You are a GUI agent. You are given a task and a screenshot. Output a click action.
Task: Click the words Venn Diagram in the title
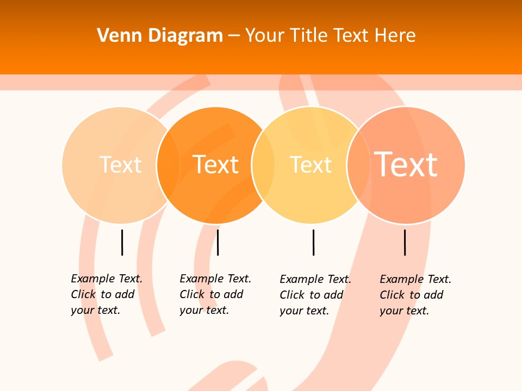pyautogui.click(x=160, y=36)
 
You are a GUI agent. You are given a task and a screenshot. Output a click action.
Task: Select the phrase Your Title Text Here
pyautogui.click(x=330, y=36)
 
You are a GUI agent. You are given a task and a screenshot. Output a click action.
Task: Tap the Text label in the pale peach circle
pyautogui.click(x=120, y=165)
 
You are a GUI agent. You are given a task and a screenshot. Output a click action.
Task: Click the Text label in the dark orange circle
pyautogui.click(x=215, y=165)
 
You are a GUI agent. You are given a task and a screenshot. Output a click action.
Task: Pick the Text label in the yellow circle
pyautogui.click(x=310, y=165)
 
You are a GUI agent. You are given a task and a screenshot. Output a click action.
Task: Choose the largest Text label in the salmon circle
pyautogui.click(x=406, y=164)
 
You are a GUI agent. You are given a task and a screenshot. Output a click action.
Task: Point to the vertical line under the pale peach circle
pyautogui.click(x=122, y=242)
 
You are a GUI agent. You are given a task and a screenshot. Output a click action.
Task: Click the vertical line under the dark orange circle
pyautogui.click(x=217, y=242)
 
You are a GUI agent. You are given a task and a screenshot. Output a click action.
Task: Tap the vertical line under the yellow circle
pyautogui.click(x=313, y=242)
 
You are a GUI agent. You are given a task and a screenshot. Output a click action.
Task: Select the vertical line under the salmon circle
pyautogui.click(x=405, y=242)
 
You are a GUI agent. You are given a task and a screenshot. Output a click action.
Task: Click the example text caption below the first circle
pyautogui.click(x=107, y=294)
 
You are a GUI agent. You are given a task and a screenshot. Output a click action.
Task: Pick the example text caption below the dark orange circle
pyautogui.click(x=215, y=294)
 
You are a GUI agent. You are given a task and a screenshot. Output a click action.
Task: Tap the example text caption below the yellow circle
pyautogui.click(x=315, y=295)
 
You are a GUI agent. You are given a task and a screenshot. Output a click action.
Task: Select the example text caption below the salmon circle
pyautogui.click(x=415, y=295)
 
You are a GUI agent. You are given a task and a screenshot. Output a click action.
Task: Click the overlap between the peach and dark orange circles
pyautogui.click(x=168, y=165)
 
